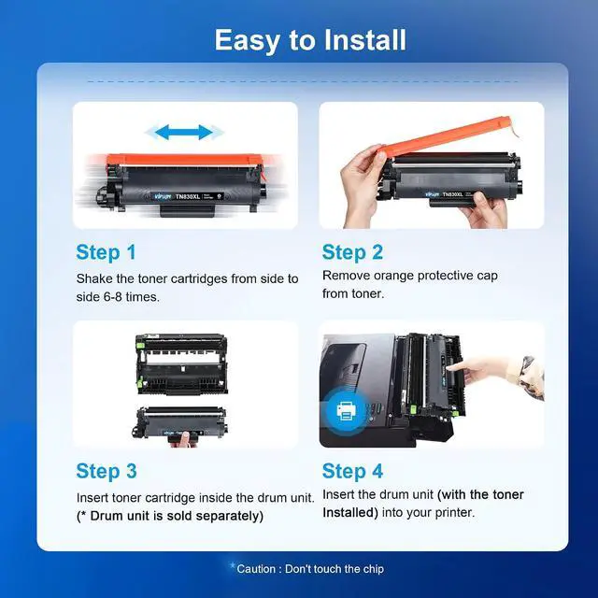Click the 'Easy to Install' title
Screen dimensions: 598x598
[310, 40]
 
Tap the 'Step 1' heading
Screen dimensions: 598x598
[106, 252]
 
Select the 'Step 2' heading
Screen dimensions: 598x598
[352, 252]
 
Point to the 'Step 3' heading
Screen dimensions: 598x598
[107, 471]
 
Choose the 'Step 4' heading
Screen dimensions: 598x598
[352, 471]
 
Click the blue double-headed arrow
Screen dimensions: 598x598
[184, 133]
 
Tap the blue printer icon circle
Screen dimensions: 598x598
[347, 411]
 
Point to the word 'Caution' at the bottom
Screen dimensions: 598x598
[256, 569]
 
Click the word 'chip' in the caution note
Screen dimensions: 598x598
[374, 569]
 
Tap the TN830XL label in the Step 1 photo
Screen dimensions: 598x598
[188, 197]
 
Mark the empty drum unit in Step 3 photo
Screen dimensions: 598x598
[182, 363]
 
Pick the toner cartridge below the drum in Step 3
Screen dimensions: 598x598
[180, 422]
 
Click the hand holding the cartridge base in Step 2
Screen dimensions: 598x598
[483, 210]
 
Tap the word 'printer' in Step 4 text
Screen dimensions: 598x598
[455, 513]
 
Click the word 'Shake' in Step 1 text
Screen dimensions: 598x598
[94, 278]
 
